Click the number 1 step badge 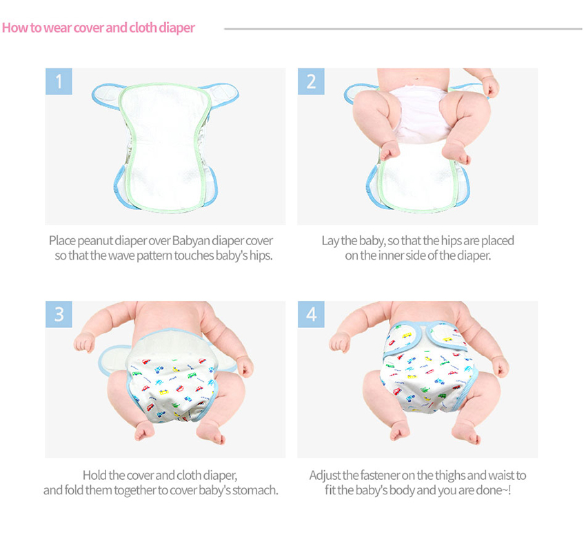point(59,81)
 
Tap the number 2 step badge point(311,81)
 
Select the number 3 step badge point(59,314)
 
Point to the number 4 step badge point(311,314)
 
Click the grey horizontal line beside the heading point(403,29)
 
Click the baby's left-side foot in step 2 point(390,151)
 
